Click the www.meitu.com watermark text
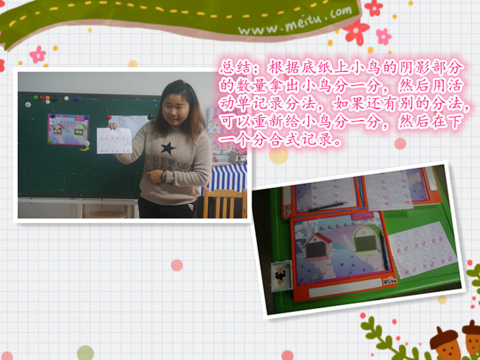click(295, 21)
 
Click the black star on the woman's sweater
click(168, 148)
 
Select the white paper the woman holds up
click(115, 141)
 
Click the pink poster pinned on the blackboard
click(68, 129)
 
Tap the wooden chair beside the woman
click(225, 203)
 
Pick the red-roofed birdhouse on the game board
click(317, 247)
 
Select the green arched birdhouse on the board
click(366, 240)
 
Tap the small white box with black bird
click(281, 276)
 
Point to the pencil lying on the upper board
click(328, 206)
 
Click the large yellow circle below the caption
click(278, 155)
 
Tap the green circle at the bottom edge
click(86, 353)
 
